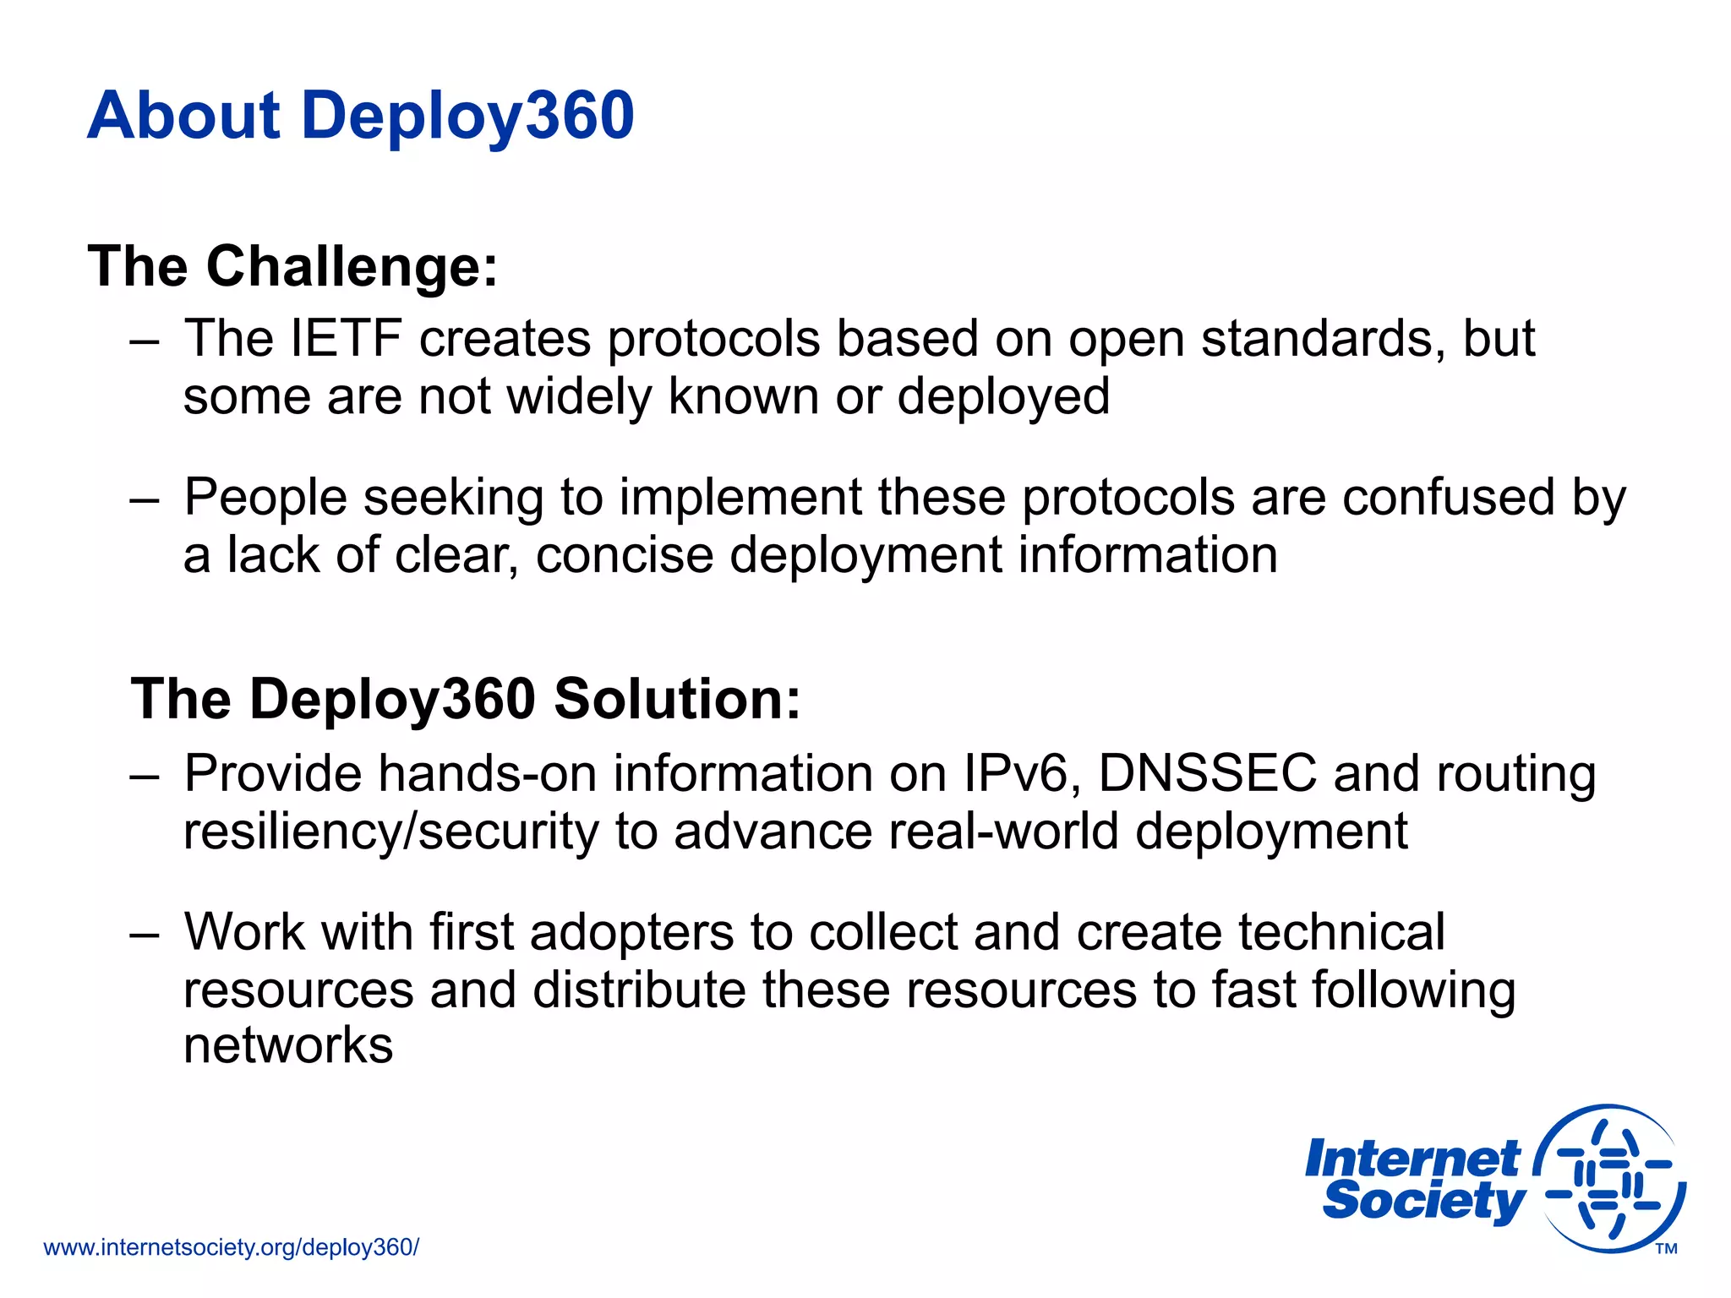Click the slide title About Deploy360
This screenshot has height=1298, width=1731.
pos(360,116)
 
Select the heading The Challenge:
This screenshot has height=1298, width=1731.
pos(292,267)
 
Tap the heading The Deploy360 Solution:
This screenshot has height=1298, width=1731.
pos(466,700)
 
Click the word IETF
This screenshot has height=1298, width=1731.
pos(345,339)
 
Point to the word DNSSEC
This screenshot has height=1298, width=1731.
pos(1207,773)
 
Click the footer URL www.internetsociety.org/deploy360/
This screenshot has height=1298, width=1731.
pos(231,1247)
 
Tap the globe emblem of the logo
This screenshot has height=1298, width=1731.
pos(1610,1178)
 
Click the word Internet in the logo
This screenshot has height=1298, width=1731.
pos(1412,1159)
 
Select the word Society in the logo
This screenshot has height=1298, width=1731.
pos(1424,1201)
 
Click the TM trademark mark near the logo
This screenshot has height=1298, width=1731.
pos(1666,1249)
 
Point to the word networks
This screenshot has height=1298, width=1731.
pos(288,1046)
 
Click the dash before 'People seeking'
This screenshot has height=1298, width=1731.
pos(145,499)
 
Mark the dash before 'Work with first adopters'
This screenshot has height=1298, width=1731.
pos(145,934)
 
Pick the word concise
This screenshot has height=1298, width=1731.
pos(625,555)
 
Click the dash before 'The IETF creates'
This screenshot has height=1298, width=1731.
pos(145,341)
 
